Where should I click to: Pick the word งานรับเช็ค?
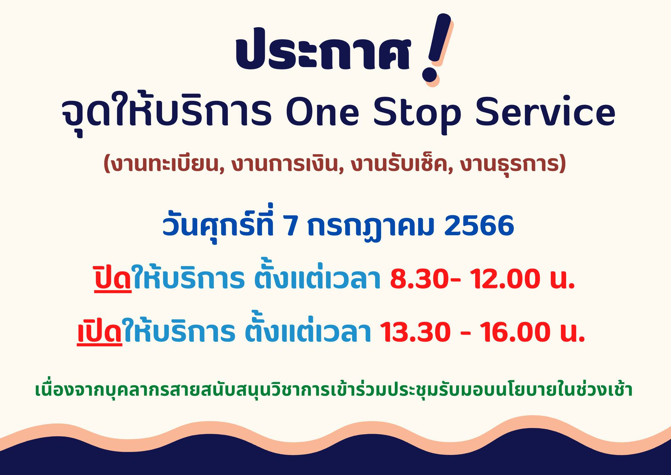(x=400, y=164)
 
